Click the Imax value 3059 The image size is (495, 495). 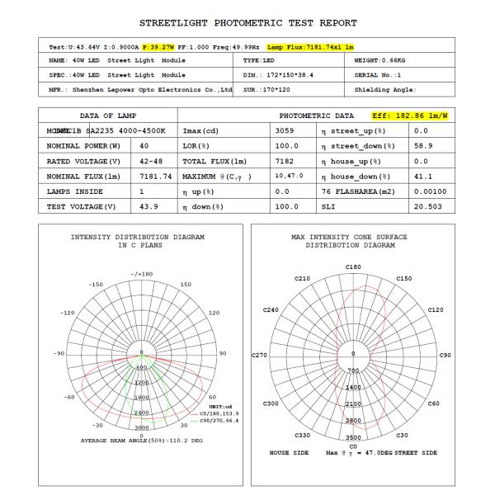click(x=285, y=131)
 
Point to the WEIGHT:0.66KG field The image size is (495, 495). click(x=380, y=61)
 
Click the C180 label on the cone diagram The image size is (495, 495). click(x=354, y=266)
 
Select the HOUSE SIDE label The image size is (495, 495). click(x=290, y=453)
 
